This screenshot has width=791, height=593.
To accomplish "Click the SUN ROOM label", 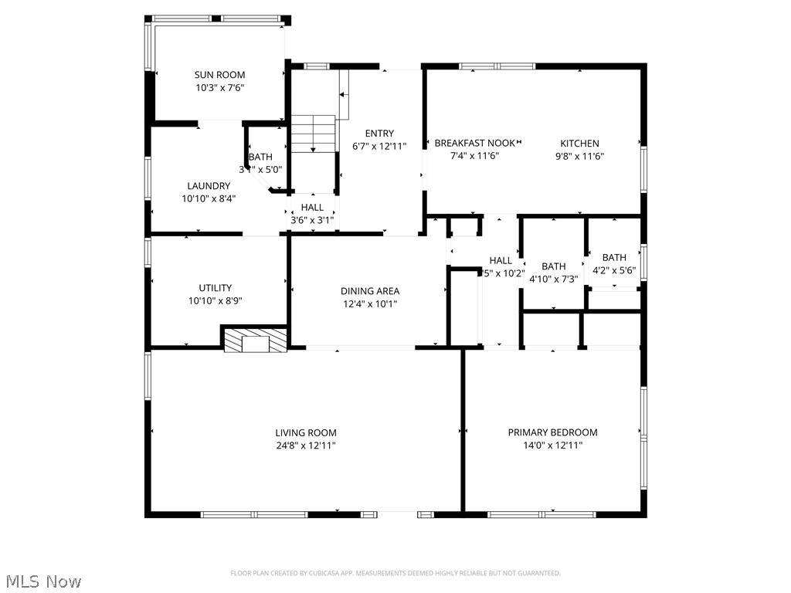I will tap(219, 75).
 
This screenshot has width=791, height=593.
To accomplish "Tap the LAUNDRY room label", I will tap(209, 185).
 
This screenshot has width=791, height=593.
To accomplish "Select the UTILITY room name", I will tap(215, 288).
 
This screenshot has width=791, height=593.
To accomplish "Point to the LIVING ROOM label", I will tap(306, 432).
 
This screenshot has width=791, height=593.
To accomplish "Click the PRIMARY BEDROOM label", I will tap(552, 432).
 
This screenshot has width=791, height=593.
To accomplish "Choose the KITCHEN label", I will tap(579, 143).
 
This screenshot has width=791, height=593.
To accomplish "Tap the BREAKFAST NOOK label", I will tap(474, 143).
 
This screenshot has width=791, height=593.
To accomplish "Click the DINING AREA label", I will tap(370, 291).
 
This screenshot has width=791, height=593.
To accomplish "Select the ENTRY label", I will tap(379, 133).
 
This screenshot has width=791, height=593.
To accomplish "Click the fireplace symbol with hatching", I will tap(255, 341).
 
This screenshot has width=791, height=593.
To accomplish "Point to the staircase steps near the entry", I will tap(313, 134).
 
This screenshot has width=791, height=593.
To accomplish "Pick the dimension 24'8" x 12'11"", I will tap(306, 446).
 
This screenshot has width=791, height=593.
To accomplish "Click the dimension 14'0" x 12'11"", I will tap(552, 446).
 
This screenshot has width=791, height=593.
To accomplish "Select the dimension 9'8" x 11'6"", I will tap(579, 156).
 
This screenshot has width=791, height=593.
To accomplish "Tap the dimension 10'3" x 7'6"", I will tap(219, 88).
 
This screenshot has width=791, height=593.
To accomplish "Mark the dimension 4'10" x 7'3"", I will tap(553, 280).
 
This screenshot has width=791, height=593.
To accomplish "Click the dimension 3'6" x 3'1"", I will tap(312, 220).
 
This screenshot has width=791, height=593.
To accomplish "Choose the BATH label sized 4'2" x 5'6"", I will tap(614, 257).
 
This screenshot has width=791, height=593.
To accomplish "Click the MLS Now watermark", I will tap(42, 581).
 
